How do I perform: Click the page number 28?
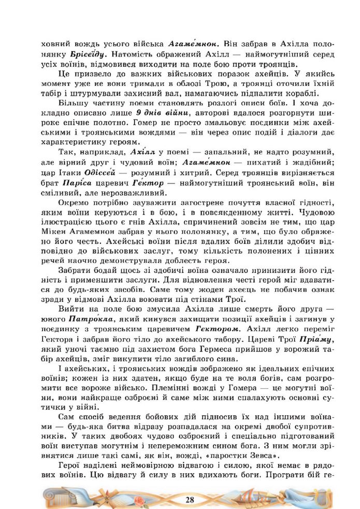click(x=190, y=498)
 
